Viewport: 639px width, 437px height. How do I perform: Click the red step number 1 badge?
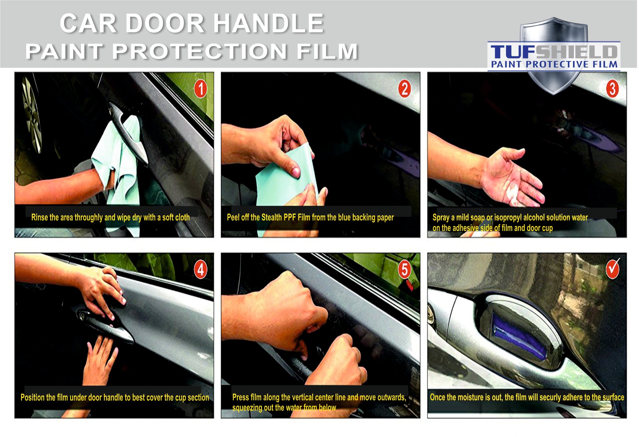pos(201,89)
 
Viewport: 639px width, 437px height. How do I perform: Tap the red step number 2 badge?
pos(405,89)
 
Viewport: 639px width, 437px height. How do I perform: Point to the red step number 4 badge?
pos(201,270)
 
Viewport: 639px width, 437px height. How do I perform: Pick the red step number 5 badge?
pos(405,270)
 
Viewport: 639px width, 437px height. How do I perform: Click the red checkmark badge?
pos(613,269)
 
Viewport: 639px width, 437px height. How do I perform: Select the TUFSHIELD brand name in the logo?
pos(554,52)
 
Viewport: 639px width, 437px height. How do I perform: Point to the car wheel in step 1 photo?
pos(32,115)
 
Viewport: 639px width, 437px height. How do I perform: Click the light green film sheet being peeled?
pos(287,177)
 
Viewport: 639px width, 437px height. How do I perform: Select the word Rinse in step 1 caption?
pos(39,217)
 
